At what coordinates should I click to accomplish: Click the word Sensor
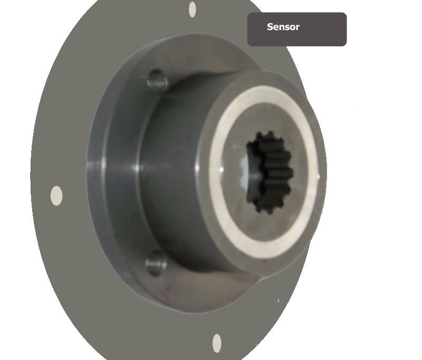click(x=283, y=27)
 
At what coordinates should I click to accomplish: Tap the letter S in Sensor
click(x=270, y=27)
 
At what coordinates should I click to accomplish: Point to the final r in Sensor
click(x=298, y=28)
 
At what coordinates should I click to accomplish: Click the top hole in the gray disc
click(x=193, y=9)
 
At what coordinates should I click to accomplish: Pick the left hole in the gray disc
click(x=56, y=195)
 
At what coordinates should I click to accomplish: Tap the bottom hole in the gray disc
click(x=217, y=343)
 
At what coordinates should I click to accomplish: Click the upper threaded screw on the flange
click(x=157, y=81)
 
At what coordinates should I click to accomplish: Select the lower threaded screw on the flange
click(x=156, y=262)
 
